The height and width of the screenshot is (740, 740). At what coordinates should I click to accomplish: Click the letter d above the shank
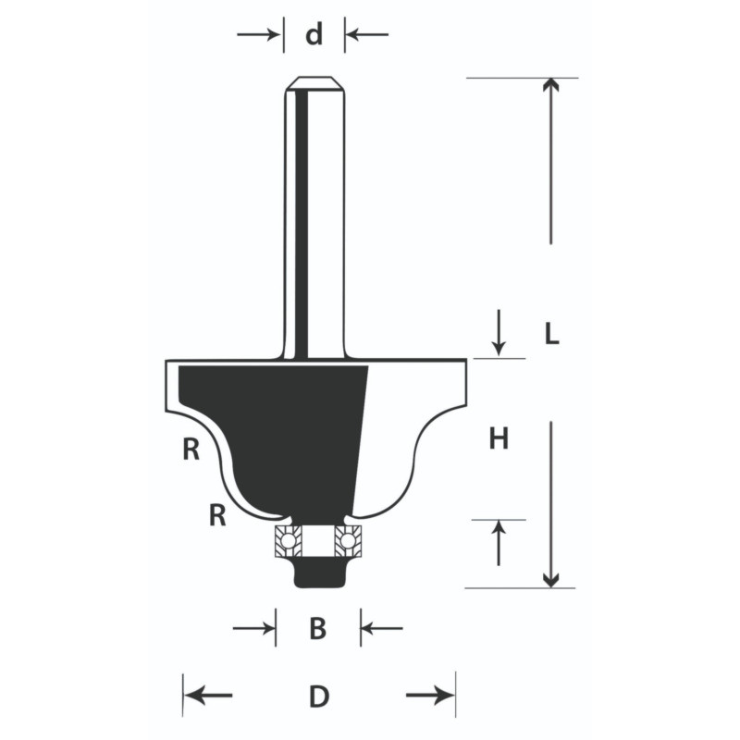314,34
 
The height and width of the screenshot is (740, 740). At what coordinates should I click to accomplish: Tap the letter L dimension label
551,335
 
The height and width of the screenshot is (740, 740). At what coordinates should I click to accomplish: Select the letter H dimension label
499,438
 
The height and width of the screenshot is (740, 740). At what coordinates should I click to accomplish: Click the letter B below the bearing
318,629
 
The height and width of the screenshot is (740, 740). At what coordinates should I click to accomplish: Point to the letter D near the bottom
319,697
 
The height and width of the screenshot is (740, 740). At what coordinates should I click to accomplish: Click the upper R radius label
191,450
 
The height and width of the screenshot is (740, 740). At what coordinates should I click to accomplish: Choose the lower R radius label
217,515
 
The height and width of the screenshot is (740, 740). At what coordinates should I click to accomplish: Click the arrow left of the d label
258,34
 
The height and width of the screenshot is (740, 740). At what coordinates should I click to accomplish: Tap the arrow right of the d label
367,34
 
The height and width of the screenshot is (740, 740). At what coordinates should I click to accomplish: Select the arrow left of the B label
253,628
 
